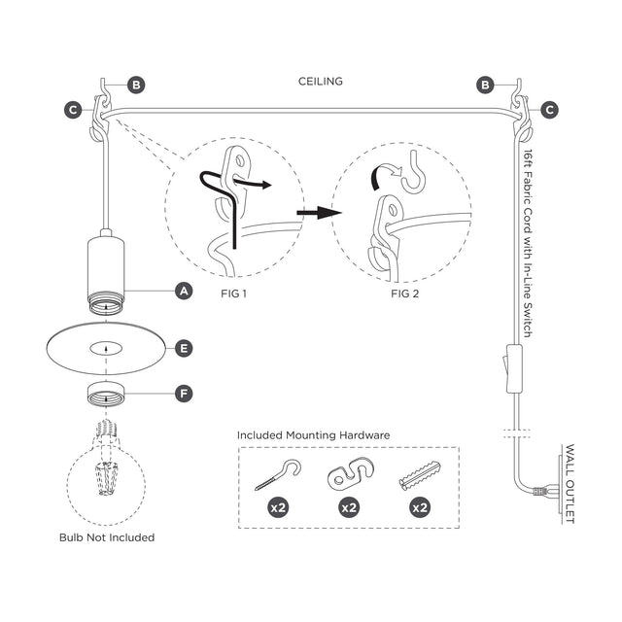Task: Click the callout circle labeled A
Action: pyautogui.click(x=184, y=292)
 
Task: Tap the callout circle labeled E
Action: pyautogui.click(x=184, y=348)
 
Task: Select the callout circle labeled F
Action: pyautogui.click(x=184, y=394)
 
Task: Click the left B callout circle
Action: pyautogui.click(x=136, y=85)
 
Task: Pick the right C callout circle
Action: pyautogui.click(x=549, y=110)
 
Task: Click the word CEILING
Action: pyautogui.click(x=321, y=82)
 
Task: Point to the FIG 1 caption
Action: pyautogui.click(x=233, y=294)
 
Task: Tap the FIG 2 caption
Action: pyautogui.click(x=404, y=294)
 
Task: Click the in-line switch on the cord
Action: pyautogui.click(x=514, y=368)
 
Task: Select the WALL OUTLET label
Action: pyautogui.click(x=570, y=484)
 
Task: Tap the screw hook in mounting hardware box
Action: pyautogui.click(x=278, y=474)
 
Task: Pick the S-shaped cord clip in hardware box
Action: pyautogui.click(x=350, y=473)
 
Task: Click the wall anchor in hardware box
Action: pyautogui.click(x=420, y=475)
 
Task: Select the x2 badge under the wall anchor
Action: pyautogui.click(x=420, y=507)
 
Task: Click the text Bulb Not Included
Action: pyautogui.click(x=107, y=537)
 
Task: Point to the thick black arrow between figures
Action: pyautogui.click(x=319, y=213)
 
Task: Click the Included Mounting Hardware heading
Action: pyautogui.click(x=313, y=435)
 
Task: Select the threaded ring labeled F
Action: pyautogui.click(x=106, y=394)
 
